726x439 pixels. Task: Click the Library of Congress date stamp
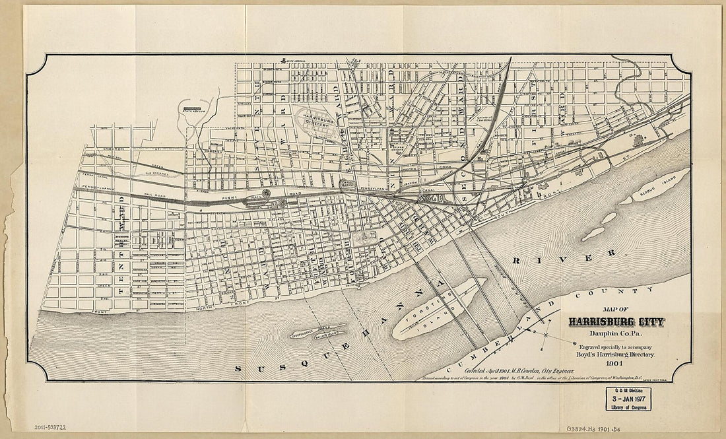tap(626, 399)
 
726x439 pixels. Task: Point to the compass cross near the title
tap(547, 337)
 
